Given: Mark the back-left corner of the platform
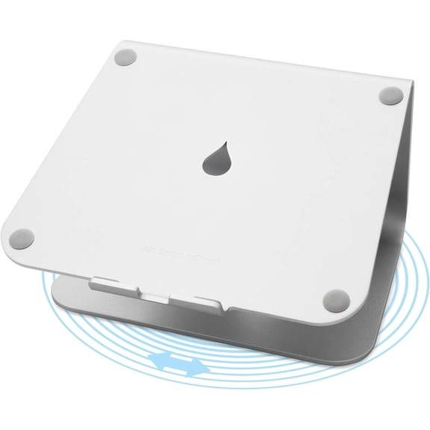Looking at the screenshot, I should (119, 43).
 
